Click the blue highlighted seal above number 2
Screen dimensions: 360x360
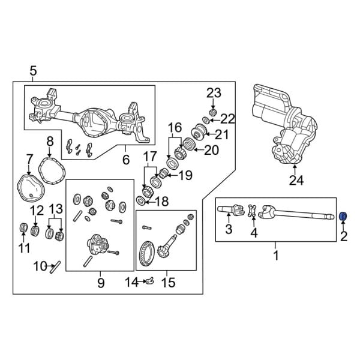344,216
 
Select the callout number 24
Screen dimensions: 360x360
295,179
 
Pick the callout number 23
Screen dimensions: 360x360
214,92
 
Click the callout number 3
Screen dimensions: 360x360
229,229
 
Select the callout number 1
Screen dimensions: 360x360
276,256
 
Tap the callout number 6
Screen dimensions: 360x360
125,160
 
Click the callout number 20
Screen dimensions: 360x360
211,150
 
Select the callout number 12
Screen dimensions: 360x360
37,210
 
